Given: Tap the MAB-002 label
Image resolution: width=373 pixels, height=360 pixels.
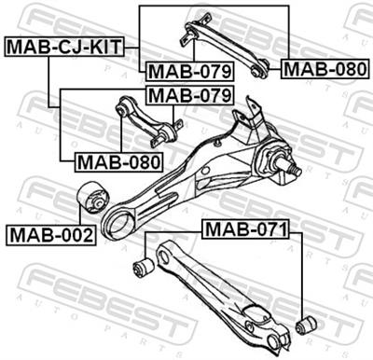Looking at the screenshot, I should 48,234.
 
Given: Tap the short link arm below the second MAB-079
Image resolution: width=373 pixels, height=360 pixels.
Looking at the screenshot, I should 147,121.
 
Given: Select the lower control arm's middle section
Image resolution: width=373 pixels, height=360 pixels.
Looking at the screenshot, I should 215,289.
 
